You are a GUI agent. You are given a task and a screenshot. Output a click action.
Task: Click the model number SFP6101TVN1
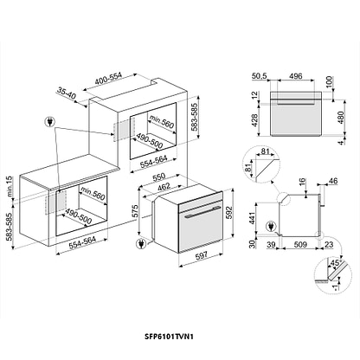(169, 337)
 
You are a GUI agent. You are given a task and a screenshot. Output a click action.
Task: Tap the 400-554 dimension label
(109, 78)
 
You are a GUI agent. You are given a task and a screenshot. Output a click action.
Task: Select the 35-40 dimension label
(66, 93)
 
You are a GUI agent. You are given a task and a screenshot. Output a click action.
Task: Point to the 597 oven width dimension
(202, 256)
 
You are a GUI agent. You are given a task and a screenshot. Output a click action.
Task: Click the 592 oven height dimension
(228, 212)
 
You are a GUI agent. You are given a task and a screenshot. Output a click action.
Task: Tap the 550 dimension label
(158, 177)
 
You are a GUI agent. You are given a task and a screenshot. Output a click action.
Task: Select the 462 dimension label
(164, 187)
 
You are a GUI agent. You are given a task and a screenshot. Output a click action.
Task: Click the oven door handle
(201, 212)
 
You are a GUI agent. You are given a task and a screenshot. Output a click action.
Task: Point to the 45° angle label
(336, 263)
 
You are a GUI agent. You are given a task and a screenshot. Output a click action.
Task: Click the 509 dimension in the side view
(300, 245)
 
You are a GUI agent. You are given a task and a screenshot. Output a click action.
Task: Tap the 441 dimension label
(253, 218)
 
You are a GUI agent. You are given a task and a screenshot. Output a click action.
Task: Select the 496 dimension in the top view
(296, 76)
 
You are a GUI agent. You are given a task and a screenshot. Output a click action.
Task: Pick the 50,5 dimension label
(260, 76)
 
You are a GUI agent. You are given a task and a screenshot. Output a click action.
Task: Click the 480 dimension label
(341, 118)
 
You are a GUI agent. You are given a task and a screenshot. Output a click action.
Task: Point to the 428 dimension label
(254, 120)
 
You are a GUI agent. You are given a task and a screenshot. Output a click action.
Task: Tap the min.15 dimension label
(10, 187)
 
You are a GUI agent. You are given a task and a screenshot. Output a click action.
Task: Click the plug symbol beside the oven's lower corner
(140, 244)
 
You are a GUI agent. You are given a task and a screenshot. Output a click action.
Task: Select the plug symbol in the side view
(271, 226)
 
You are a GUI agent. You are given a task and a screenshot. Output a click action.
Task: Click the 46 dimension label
(333, 181)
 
